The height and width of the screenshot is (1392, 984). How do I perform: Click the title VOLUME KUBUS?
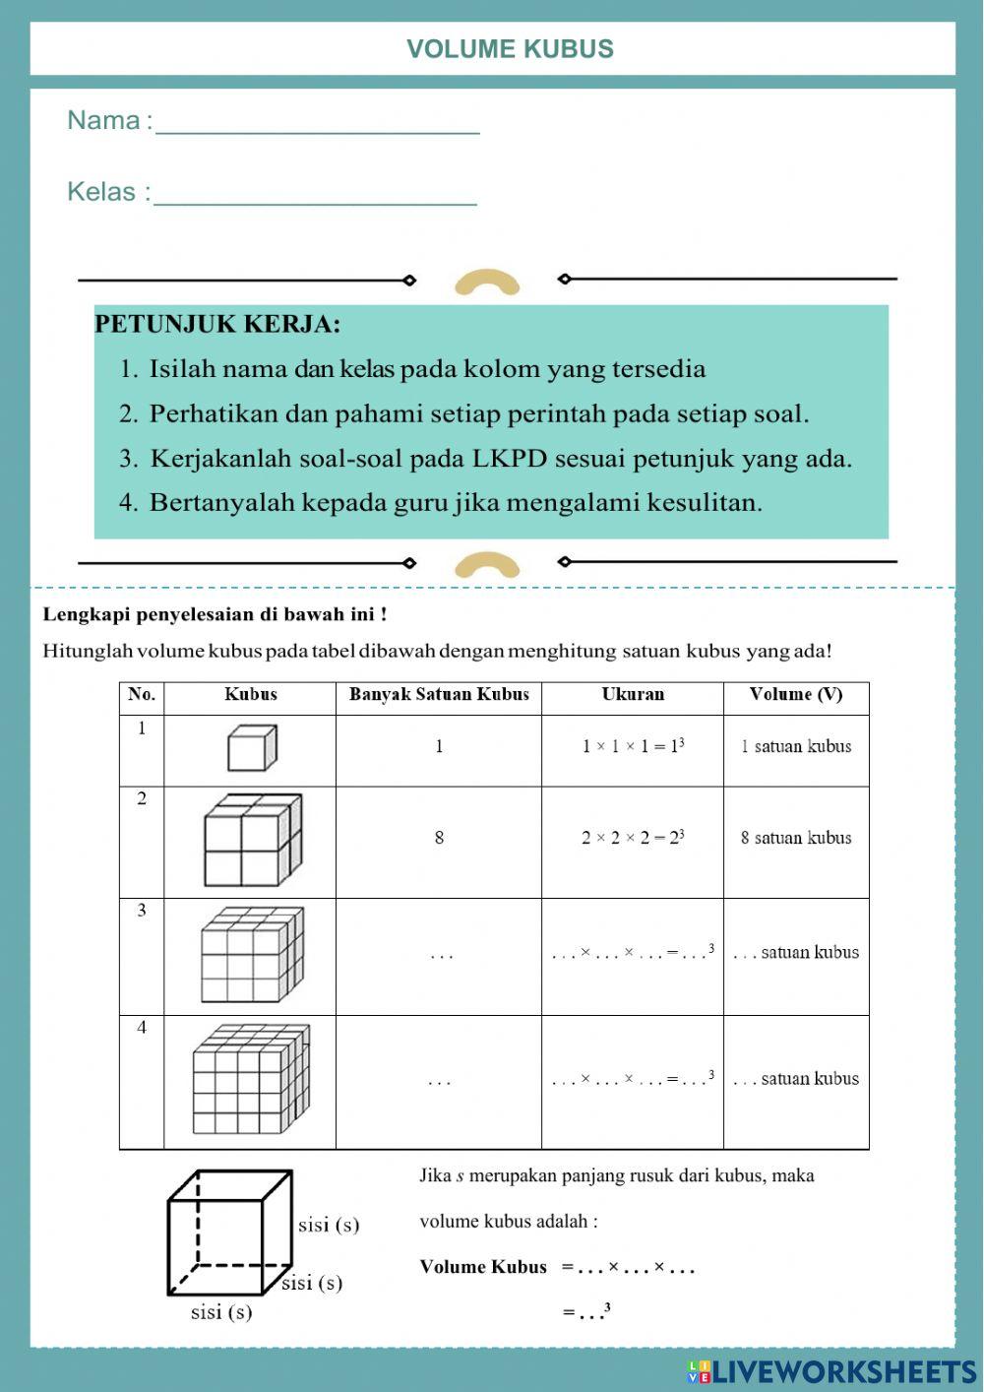(510, 49)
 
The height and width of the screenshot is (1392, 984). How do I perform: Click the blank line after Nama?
(317, 124)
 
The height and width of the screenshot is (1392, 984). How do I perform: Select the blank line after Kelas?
(315, 195)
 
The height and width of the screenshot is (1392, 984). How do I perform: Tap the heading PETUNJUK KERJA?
(217, 324)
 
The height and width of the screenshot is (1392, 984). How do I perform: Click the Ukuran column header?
(633, 695)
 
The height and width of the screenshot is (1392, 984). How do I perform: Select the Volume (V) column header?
(795, 695)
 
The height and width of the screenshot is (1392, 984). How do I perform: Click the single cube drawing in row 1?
(251, 748)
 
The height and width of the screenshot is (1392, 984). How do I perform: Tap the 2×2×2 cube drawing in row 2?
(252, 840)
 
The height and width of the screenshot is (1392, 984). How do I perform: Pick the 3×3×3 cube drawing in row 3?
(252, 954)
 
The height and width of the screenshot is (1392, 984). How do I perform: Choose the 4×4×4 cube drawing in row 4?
(251, 1079)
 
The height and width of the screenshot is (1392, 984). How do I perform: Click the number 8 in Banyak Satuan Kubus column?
(439, 838)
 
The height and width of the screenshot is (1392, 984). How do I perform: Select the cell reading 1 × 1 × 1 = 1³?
(633, 746)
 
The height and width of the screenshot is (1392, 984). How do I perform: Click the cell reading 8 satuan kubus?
(796, 838)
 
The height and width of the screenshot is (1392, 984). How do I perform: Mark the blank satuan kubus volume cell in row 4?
(796, 1079)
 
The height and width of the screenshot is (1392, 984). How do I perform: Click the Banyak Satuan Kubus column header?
(439, 695)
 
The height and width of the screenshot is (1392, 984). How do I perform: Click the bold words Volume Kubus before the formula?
(483, 1267)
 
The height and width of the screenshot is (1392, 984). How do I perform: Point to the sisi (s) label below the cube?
(221, 1312)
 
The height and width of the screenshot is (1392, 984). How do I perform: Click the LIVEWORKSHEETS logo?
(831, 1371)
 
